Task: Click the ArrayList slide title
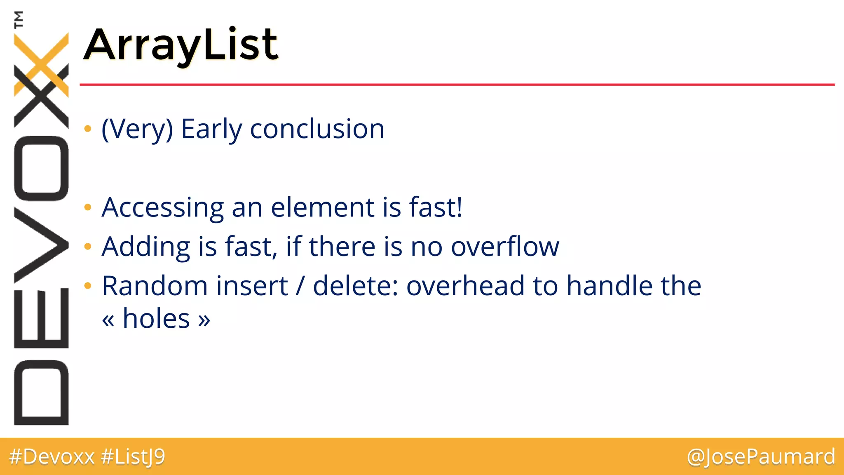click(x=181, y=45)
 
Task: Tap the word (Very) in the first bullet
click(x=137, y=129)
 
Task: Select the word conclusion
click(x=317, y=129)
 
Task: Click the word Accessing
click(x=163, y=207)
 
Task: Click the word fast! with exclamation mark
click(x=436, y=207)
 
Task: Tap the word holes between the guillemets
click(x=156, y=319)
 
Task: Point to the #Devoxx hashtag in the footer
click(x=52, y=457)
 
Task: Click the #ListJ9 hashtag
click(x=133, y=457)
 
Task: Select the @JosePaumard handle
click(x=761, y=457)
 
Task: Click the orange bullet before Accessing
click(x=87, y=207)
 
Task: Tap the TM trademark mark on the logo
click(x=19, y=19)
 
